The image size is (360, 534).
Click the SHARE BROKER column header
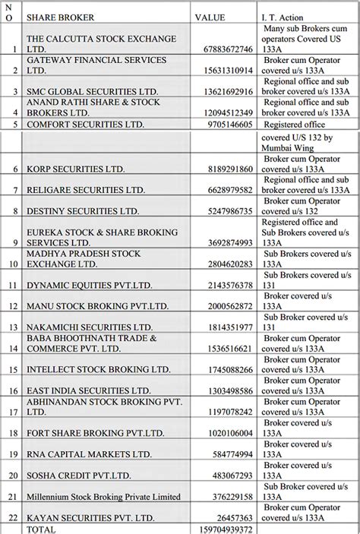[55, 16]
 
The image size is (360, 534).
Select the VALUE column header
[210, 16]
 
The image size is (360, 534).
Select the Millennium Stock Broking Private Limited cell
[103, 498]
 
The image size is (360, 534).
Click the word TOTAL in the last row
[43, 528]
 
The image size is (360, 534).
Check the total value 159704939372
[222, 528]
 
